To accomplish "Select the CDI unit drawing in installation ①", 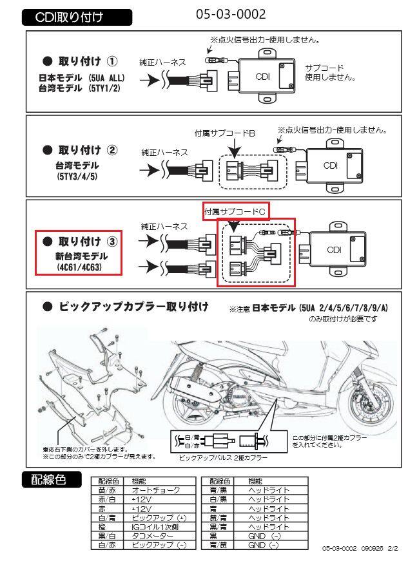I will point(264,77).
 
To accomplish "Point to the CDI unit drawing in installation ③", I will point(336,250).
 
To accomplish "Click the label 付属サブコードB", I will point(225,133).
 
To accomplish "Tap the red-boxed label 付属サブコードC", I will point(235,211).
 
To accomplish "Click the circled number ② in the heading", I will point(112,151).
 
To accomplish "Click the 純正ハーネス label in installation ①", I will point(162,62).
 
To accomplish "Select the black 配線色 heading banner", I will point(51,480).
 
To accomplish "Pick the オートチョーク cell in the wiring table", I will point(155,490).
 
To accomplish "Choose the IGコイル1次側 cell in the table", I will point(155,527).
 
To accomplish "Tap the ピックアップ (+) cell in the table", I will point(154,518).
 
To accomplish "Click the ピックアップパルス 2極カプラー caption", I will point(222,457).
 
